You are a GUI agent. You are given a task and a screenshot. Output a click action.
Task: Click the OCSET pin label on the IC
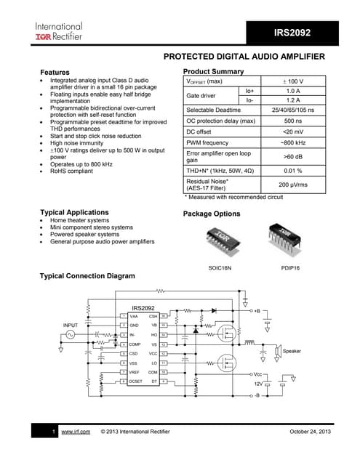pos(135,381)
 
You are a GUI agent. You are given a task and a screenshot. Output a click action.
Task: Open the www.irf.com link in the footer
pos(75,432)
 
